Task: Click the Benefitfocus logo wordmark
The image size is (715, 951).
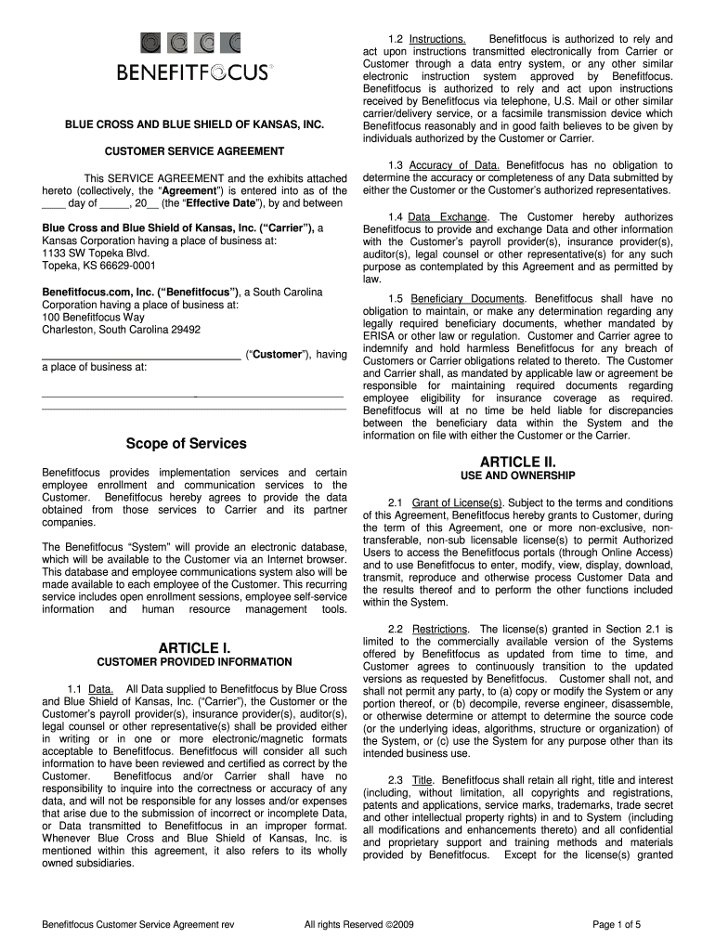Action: click(x=194, y=72)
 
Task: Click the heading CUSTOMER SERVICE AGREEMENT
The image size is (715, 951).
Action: click(x=194, y=150)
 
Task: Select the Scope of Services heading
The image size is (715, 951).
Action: click(x=186, y=444)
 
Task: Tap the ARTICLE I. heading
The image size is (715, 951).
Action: click(x=194, y=647)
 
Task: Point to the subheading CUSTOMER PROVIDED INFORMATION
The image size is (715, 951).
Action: click(x=194, y=661)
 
